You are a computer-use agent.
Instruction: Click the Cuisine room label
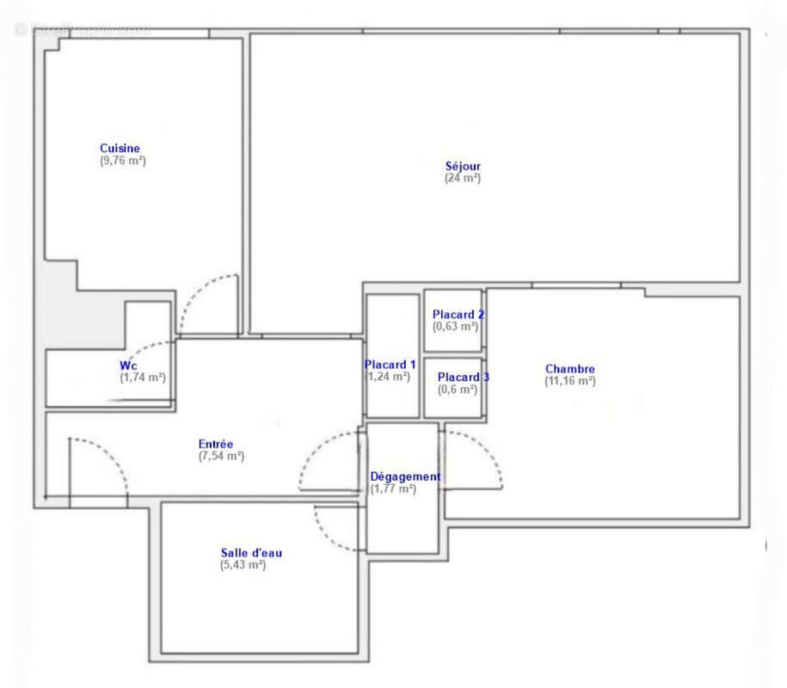pyautogui.click(x=120, y=148)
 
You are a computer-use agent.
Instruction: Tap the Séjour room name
pyautogui.click(x=463, y=166)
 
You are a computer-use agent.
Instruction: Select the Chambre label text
pyautogui.click(x=569, y=369)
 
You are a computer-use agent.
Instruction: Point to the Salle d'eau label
pyautogui.click(x=250, y=553)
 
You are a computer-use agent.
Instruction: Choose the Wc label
pyautogui.click(x=127, y=365)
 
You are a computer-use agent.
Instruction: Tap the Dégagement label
pyautogui.click(x=405, y=476)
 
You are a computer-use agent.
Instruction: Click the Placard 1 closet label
pyautogui.click(x=390, y=364)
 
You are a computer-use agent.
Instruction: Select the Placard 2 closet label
pyautogui.click(x=458, y=315)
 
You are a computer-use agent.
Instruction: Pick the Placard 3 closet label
pyautogui.click(x=464, y=377)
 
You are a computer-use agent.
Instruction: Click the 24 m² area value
pyautogui.click(x=463, y=178)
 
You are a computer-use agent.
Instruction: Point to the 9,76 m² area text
pyautogui.click(x=123, y=160)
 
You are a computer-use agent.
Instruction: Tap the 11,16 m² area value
pyautogui.click(x=569, y=381)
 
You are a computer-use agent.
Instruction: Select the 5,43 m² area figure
pyautogui.click(x=243, y=565)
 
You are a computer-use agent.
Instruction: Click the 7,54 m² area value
pyautogui.click(x=221, y=456)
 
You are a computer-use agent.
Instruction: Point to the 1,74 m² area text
pyautogui.click(x=143, y=378)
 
